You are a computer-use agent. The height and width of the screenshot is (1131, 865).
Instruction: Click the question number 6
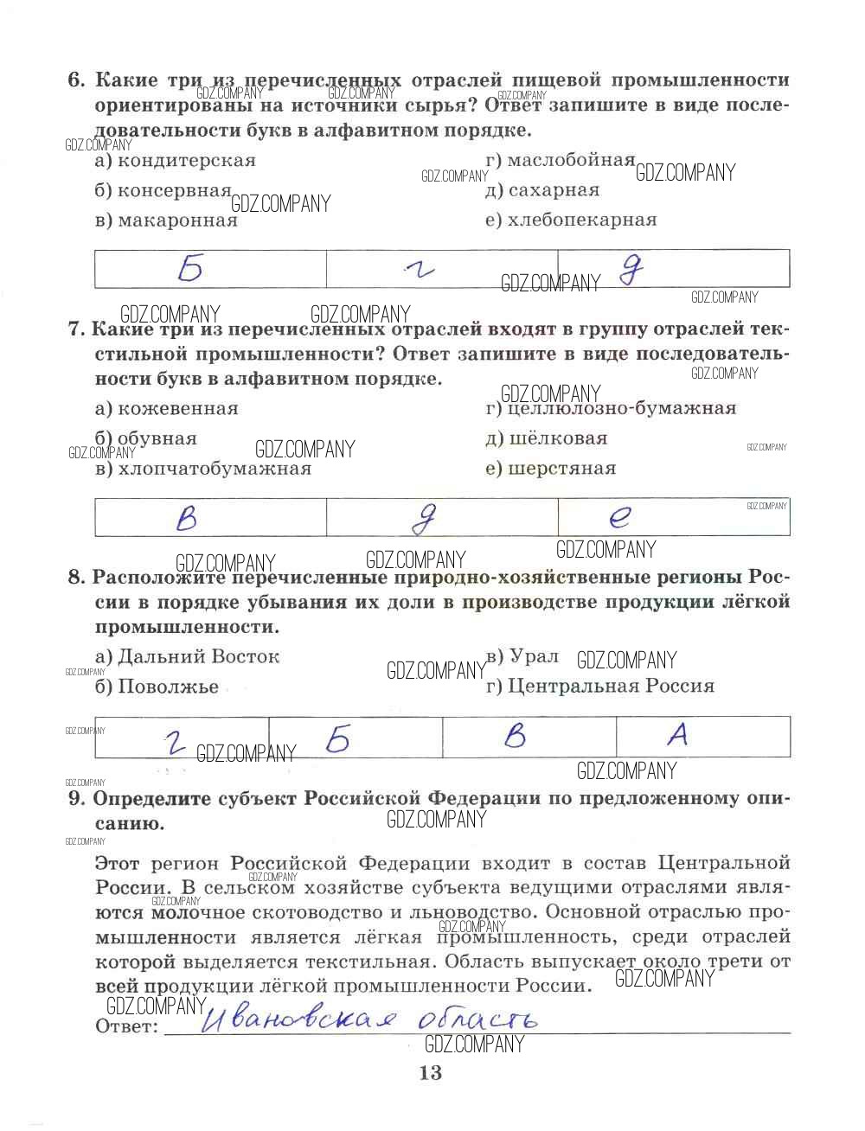click(x=76, y=80)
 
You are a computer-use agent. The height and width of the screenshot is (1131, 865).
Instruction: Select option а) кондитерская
click(x=176, y=161)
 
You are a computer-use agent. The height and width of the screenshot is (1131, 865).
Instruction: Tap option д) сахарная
click(x=542, y=190)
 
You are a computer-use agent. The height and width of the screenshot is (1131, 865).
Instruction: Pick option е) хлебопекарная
click(x=571, y=220)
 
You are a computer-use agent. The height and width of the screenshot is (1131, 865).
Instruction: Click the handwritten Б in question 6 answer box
click(x=190, y=270)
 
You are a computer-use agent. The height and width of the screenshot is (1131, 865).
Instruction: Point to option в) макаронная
click(x=166, y=220)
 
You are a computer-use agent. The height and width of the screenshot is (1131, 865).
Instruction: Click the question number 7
click(x=75, y=329)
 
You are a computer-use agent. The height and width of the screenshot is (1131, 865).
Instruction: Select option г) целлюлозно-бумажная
click(x=611, y=408)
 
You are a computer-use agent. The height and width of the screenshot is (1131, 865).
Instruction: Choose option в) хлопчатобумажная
click(x=202, y=469)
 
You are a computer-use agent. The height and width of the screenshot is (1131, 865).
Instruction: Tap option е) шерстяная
click(x=551, y=469)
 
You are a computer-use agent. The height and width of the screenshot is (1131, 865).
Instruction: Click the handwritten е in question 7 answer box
click(x=619, y=517)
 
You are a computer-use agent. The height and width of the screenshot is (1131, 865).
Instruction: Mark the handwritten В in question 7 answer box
click(x=186, y=518)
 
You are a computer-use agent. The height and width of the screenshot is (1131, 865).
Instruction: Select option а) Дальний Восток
click(x=187, y=656)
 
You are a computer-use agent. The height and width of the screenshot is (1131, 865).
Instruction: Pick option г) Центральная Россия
click(x=600, y=687)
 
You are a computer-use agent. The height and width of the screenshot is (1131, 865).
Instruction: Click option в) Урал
click(x=522, y=656)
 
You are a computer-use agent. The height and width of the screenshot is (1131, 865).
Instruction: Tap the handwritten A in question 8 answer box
click(x=678, y=735)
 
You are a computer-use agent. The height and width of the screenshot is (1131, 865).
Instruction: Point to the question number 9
click(x=75, y=798)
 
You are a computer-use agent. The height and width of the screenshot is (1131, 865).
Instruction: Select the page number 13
click(x=430, y=1073)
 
